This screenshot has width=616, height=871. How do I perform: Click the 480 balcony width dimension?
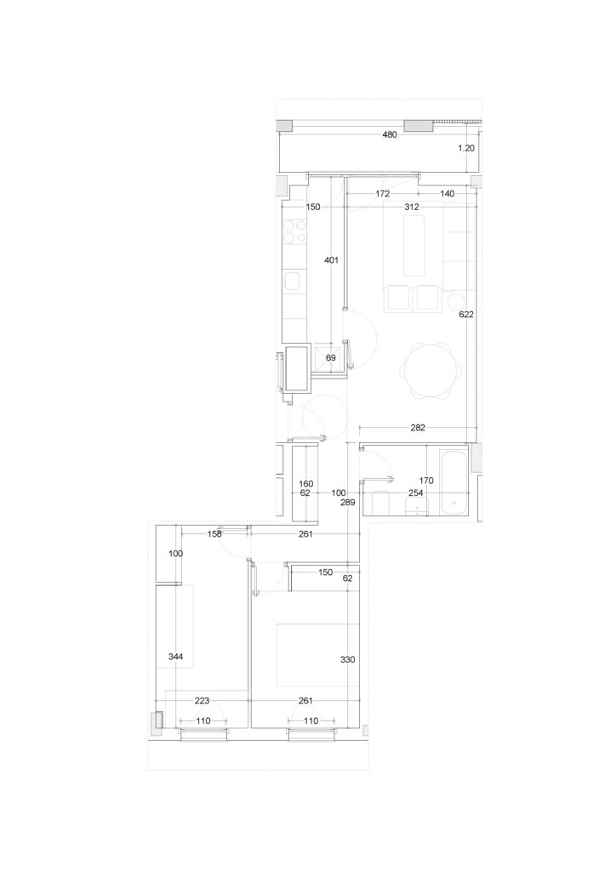pos(390,134)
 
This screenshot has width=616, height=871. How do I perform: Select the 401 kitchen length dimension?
pos(331,259)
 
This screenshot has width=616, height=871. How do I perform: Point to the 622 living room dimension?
pos(466,314)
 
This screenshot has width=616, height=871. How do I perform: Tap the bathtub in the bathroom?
pos(454,481)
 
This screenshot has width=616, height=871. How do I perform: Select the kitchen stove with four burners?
pos(295,232)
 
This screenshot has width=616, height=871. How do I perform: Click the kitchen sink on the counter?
pos(295,282)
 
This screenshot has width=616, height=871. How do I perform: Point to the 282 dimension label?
pos(417,427)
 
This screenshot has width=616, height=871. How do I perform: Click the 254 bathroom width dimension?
pos(415,492)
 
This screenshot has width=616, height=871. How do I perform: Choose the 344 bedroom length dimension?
pos(175,658)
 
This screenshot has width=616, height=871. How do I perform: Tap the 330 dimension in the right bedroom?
pos(347,659)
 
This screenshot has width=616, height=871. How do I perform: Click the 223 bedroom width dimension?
pos(202,701)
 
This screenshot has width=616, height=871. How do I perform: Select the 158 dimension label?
pos(214,534)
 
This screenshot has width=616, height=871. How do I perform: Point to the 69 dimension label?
pos(330,358)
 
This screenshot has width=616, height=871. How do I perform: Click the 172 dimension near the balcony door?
pos(382,193)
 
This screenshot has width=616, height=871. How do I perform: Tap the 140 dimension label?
pos(448,193)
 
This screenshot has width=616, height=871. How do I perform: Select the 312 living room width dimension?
pos(412,207)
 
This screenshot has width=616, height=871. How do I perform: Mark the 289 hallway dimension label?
pos(348,502)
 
